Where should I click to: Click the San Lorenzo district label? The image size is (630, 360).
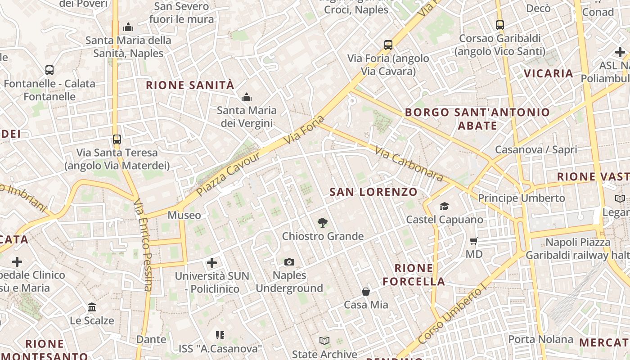pyautogui.click(x=373, y=192)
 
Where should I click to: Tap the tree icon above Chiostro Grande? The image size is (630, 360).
pyautogui.click(x=322, y=222)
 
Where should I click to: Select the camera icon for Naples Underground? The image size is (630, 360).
pyautogui.click(x=289, y=262)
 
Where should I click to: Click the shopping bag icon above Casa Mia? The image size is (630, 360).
pyautogui.click(x=366, y=292)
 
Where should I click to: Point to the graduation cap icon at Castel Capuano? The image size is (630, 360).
pyautogui.click(x=445, y=206)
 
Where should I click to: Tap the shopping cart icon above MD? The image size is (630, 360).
pyautogui.click(x=473, y=241)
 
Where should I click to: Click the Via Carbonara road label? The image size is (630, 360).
pyautogui.click(x=409, y=165)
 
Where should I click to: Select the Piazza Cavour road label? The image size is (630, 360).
pyautogui.click(x=228, y=174)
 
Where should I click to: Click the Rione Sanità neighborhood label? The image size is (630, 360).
pyautogui.click(x=190, y=85)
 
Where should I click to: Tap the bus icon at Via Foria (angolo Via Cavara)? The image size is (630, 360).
pyautogui.click(x=388, y=45)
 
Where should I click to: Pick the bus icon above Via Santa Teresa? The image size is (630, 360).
pyautogui.click(x=117, y=139)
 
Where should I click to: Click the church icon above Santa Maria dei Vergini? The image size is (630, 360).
pyautogui.click(x=246, y=97)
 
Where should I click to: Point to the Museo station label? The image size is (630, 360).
pyautogui.click(x=184, y=216)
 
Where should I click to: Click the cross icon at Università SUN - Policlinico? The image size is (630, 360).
pyautogui.click(x=212, y=262)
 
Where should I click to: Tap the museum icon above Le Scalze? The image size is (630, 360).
pyautogui.click(x=92, y=307)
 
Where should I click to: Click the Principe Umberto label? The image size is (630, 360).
pyautogui.click(x=521, y=198)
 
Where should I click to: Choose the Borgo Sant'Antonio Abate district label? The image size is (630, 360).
pyautogui.click(x=477, y=119)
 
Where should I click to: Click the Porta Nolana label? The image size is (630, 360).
pyautogui.click(x=540, y=339)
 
